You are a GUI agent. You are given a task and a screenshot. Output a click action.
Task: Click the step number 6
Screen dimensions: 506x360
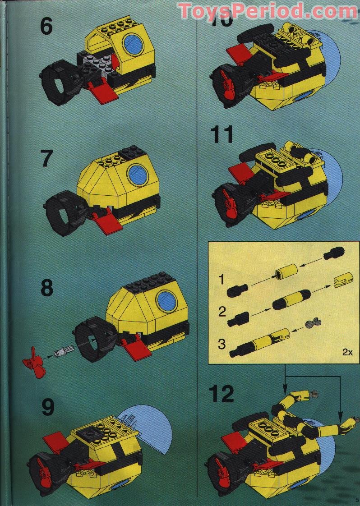click(46, 27)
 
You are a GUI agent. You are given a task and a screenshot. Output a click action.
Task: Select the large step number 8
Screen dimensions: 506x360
click(47, 288)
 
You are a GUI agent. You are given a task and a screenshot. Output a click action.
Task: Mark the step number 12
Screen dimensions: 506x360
click(222, 395)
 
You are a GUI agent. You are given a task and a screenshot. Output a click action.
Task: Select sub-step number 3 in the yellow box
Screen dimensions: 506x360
click(221, 344)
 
